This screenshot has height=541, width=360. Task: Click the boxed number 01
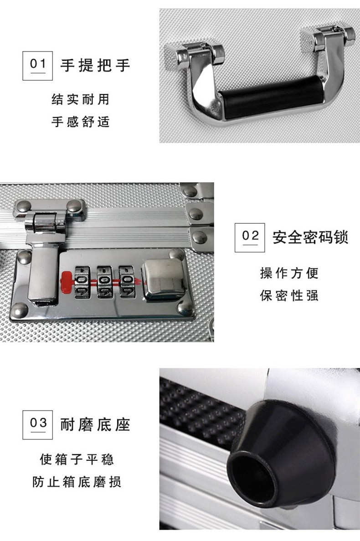click(37, 66)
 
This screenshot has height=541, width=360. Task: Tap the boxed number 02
click(250, 237)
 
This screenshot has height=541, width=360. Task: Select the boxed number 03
click(37, 425)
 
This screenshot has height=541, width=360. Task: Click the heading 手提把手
click(95, 65)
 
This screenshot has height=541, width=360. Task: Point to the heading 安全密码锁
click(310, 237)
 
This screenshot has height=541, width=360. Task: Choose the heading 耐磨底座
click(95, 424)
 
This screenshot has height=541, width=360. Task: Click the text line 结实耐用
click(80, 99)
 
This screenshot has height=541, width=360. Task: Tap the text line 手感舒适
click(80, 121)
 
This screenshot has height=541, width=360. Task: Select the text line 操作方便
click(289, 273)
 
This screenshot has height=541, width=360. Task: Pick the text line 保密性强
click(289, 295)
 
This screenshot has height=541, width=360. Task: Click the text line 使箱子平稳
click(77, 459)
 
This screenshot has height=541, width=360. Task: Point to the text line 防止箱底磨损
click(77, 482)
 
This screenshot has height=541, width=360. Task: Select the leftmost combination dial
click(82, 282)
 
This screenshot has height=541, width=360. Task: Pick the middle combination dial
click(105, 282)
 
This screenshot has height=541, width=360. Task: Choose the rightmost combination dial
click(127, 282)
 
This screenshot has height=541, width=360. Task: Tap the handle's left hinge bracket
click(200, 54)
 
